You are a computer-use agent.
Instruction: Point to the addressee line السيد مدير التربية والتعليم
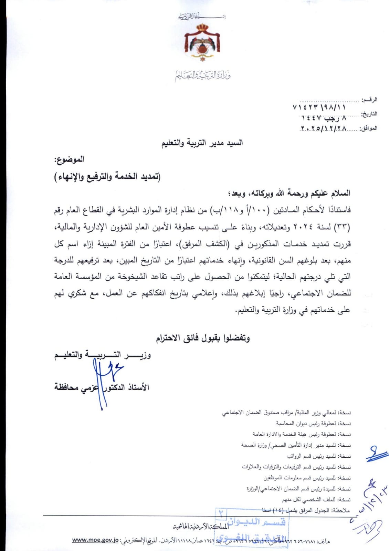[202, 143]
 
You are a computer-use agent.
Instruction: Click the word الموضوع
[69, 160]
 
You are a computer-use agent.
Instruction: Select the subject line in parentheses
[107, 177]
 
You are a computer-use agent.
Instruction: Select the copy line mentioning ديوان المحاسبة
[313, 423]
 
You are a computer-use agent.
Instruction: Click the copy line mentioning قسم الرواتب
[318, 456]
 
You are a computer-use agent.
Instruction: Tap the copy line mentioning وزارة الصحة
[296, 445]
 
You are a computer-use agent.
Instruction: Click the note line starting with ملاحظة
[306, 510]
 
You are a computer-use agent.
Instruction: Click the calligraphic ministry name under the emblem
[202, 75]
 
